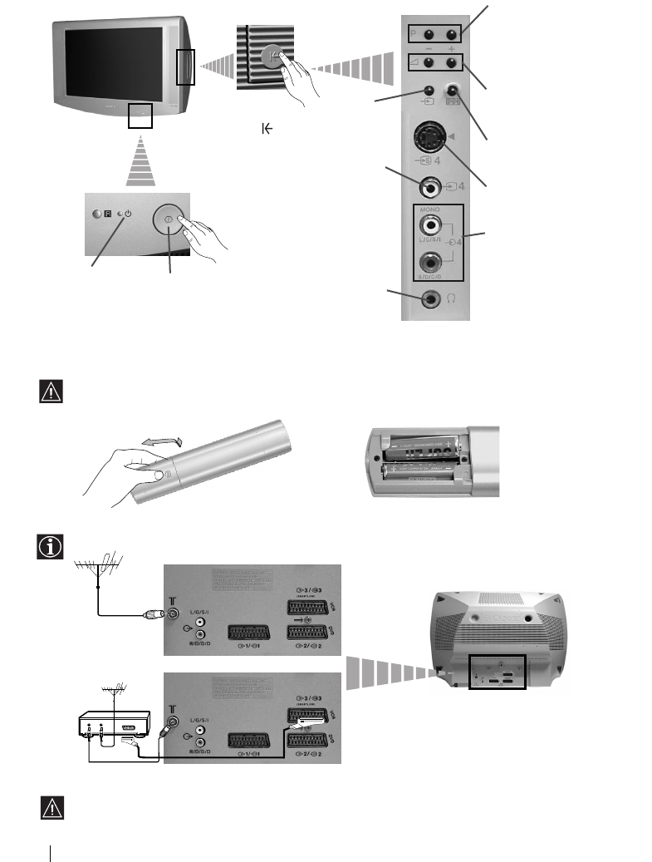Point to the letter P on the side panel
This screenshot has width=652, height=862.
click(414, 36)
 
